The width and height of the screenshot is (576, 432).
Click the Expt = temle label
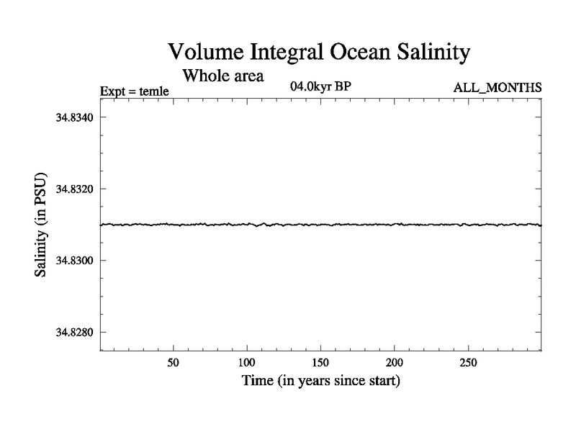(x=133, y=91)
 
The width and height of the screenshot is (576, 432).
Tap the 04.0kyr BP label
(x=320, y=87)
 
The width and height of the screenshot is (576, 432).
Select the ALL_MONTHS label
(x=498, y=88)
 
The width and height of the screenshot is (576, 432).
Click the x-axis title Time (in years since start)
(x=320, y=380)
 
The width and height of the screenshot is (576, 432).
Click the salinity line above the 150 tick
(x=320, y=225)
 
